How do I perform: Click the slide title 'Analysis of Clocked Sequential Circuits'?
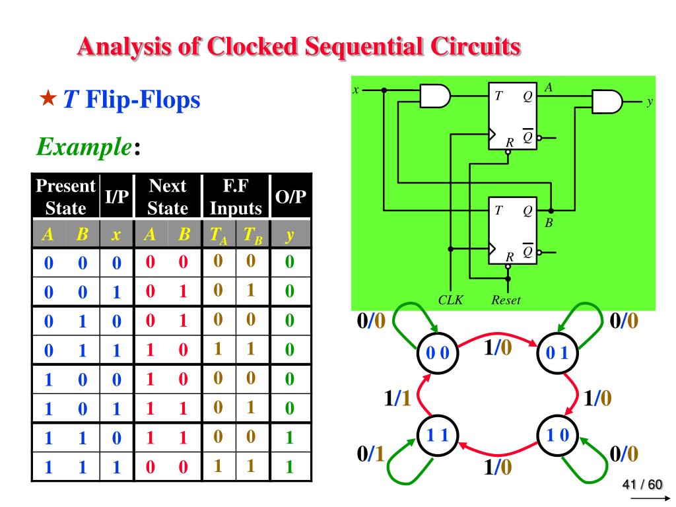click(x=298, y=47)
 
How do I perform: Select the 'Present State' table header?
click(x=65, y=197)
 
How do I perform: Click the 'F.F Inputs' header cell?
click(x=236, y=197)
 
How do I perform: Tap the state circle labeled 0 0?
click(x=436, y=353)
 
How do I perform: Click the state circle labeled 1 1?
click(x=436, y=436)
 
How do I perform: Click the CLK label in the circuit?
click(x=451, y=300)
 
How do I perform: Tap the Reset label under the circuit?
click(x=506, y=300)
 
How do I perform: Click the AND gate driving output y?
click(x=607, y=102)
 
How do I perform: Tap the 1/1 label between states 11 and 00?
click(x=397, y=398)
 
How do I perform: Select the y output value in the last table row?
click(x=288, y=468)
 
